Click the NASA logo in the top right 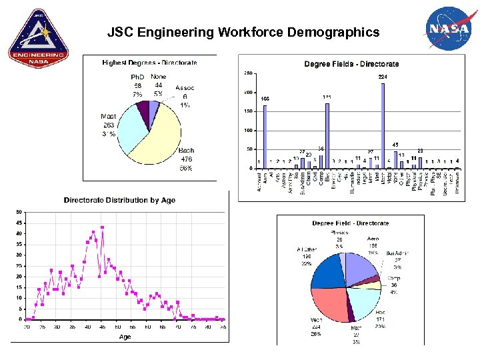pos(449,30)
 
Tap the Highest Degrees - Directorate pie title pos(149,63)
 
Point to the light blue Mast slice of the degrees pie pos(131,131)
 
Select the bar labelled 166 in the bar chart pos(265,137)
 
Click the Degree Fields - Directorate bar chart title pos(351,64)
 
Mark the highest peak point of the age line pos(103,227)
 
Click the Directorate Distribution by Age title pos(119,200)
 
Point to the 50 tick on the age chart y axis pos(19,212)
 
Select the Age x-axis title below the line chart pos(125,337)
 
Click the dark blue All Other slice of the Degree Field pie pos(326,270)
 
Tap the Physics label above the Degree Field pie pos(339,233)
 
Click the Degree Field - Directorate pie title pos(350,223)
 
